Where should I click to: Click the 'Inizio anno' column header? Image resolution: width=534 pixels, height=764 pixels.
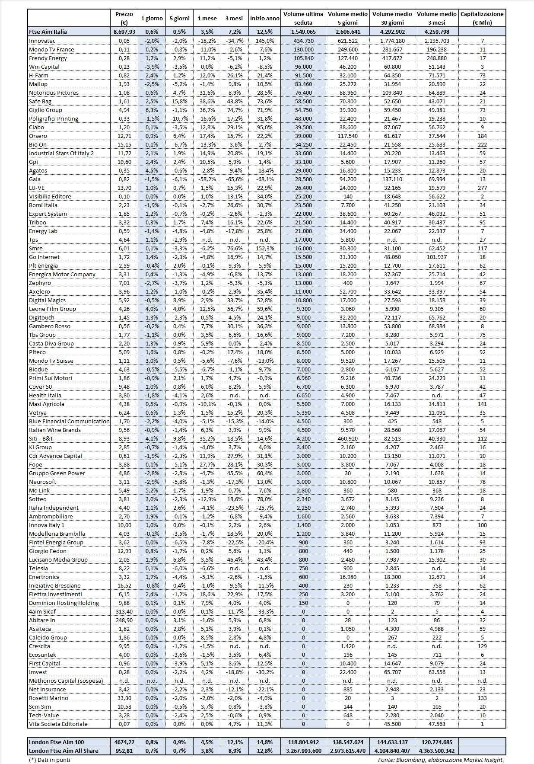point(264,19)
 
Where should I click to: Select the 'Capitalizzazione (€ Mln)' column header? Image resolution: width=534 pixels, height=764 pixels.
point(482,19)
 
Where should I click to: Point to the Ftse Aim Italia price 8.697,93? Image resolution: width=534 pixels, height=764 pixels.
point(124,32)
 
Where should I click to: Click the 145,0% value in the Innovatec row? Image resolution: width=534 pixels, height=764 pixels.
point(264,41)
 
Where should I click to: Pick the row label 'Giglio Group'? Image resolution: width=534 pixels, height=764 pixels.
point(45,110)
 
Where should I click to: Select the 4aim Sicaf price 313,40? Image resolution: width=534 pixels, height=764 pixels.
point(124,611)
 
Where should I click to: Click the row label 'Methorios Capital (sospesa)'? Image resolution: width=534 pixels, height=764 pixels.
point(66,681)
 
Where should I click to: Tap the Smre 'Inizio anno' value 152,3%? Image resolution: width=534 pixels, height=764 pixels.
point(264,248)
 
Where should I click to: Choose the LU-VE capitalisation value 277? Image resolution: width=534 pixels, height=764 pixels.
point(482,188)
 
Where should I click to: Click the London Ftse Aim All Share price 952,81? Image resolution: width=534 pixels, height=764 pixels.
point(124,751)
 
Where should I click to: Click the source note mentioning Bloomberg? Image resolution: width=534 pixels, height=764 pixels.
point(440,760)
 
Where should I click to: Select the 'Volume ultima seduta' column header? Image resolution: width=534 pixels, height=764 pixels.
point(303,19)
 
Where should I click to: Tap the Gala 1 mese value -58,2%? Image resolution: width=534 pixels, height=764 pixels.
point(207,179)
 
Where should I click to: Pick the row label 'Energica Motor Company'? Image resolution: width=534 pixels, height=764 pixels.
point(62,274)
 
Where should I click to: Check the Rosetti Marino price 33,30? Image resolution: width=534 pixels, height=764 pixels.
point(124,698)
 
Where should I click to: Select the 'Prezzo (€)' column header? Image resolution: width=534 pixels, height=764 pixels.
point(124,19)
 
